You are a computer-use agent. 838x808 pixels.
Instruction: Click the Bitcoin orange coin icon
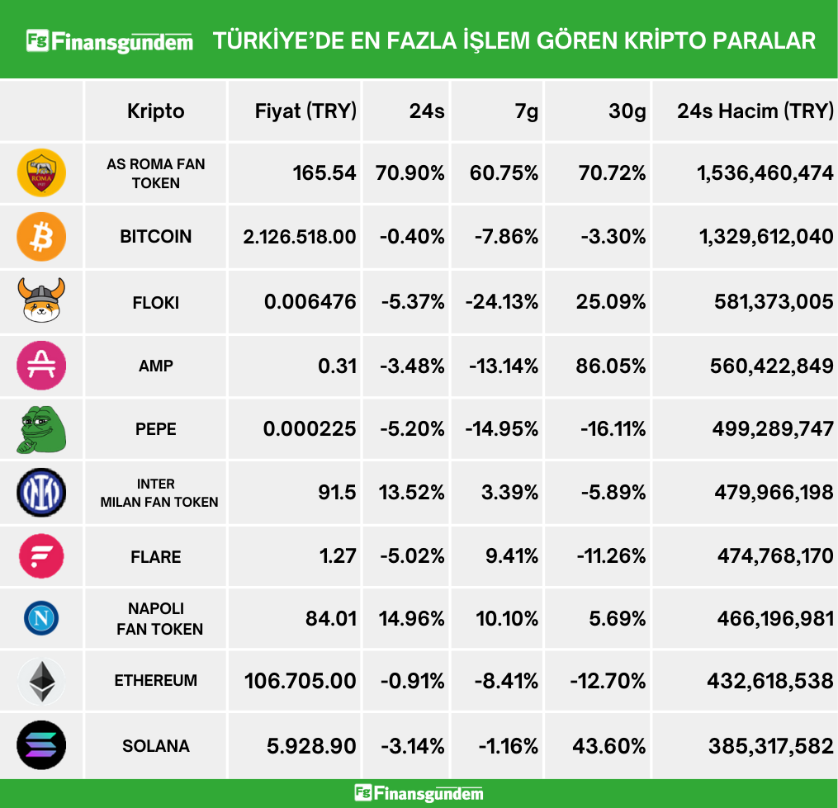pyautogui.click(x=41, y=237)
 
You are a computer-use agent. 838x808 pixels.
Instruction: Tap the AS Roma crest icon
pyautogui.click(x=41, y=173)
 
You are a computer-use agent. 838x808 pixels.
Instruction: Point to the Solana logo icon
pyautogui.click(x=41, y=745)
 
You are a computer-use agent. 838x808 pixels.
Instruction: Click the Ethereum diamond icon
pyautogui.click(x=41, y=682)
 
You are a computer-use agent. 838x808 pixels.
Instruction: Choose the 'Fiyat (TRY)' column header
pyautogui.click(x=305, y=111)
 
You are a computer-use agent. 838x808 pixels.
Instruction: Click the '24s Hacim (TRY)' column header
pyautogui.click(x=755, y=111)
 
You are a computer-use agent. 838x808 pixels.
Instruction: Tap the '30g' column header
pyautogui.click(x=627, y=111)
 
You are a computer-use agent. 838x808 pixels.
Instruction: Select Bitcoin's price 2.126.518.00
pyautogui.click(x=300, y=237)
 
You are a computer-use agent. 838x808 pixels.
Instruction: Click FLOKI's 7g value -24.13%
pyautogui.click(x=502, y=301)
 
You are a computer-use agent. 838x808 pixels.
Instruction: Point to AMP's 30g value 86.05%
pyautogui.click(x=611, y=365)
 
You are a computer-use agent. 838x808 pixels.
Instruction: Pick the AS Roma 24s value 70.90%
pyautogui.click(x=410, y=173)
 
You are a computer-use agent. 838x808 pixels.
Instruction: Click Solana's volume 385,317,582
pyautogui.click(x=770, y=746)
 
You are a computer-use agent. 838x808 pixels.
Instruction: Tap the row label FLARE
pyautogui.click(x=155, y=557)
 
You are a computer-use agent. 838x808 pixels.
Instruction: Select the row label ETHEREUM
pyautogui.click(x=155, y=681)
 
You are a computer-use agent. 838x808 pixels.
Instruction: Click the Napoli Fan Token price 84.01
pyautogui.click(x=330, y=617)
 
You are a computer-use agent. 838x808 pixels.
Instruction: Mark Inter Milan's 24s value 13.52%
pyautogui.click(x=411, y=492)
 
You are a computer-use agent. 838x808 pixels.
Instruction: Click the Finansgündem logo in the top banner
pyautogui.click(x=110, y=40)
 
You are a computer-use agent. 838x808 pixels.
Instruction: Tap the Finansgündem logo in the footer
pyautogui.click(x=419, y=793)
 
